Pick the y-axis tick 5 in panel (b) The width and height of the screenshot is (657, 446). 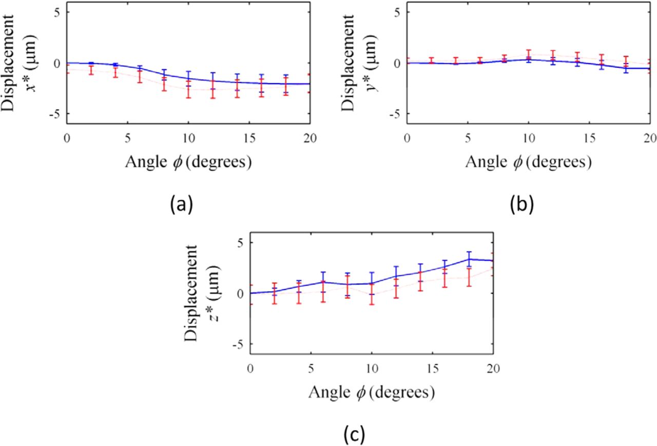point(396,12)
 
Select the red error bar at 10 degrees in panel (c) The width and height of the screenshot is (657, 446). point(372,293)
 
